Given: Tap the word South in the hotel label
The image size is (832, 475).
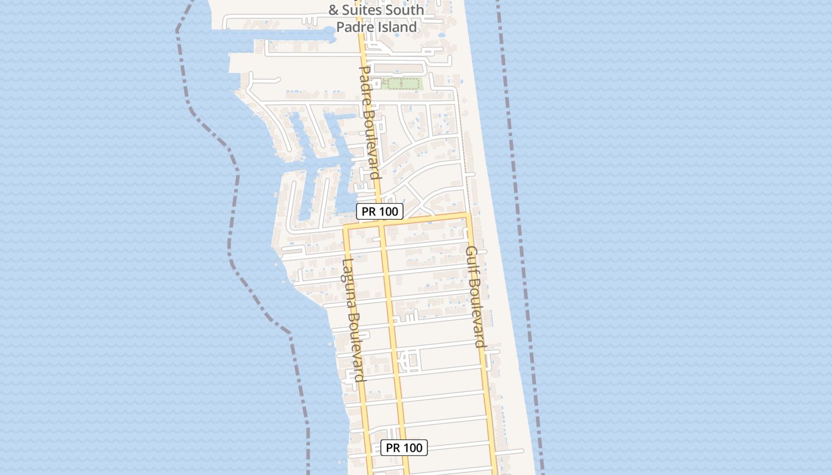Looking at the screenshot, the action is point(404,10).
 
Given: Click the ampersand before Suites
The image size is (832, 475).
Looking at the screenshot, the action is point(333,10).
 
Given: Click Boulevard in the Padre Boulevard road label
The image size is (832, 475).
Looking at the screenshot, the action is point(372,142).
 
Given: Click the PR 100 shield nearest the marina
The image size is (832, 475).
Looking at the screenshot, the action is point(379,211).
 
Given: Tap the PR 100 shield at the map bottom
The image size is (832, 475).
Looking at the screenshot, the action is point(404,448).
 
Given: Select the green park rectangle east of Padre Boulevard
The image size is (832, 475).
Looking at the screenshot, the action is point(402,84).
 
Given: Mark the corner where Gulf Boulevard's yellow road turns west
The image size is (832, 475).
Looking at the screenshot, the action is point(468,216).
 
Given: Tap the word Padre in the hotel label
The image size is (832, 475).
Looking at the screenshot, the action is point(354,27).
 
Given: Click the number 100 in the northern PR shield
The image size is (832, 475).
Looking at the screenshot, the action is point(387,211).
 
